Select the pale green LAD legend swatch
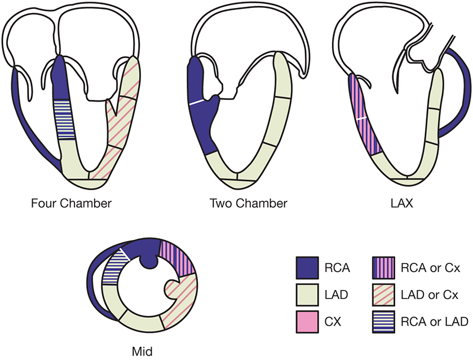[x=307, y=295]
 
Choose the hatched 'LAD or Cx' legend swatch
[x=386, y=295]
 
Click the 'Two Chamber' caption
[x=249, y=203]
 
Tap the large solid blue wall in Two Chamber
[x=200, y=113]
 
